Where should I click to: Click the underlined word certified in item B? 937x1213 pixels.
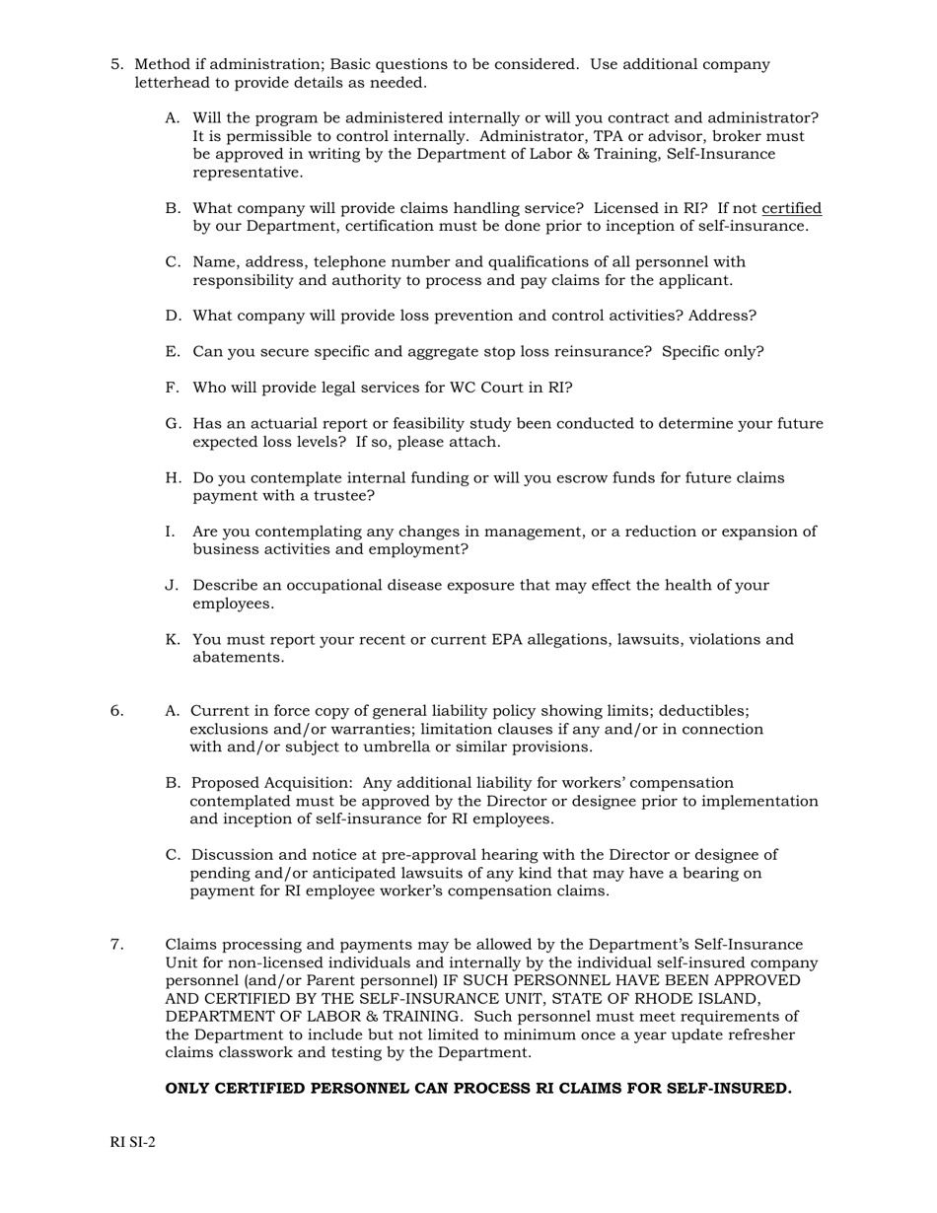click(791, 208)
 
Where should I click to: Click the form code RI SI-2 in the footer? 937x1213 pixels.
click(133, 1143)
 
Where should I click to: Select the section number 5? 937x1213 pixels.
click(116, 64)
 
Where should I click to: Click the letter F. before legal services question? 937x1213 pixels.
click(173, 388)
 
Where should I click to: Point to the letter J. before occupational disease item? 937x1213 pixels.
click(173, 586)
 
